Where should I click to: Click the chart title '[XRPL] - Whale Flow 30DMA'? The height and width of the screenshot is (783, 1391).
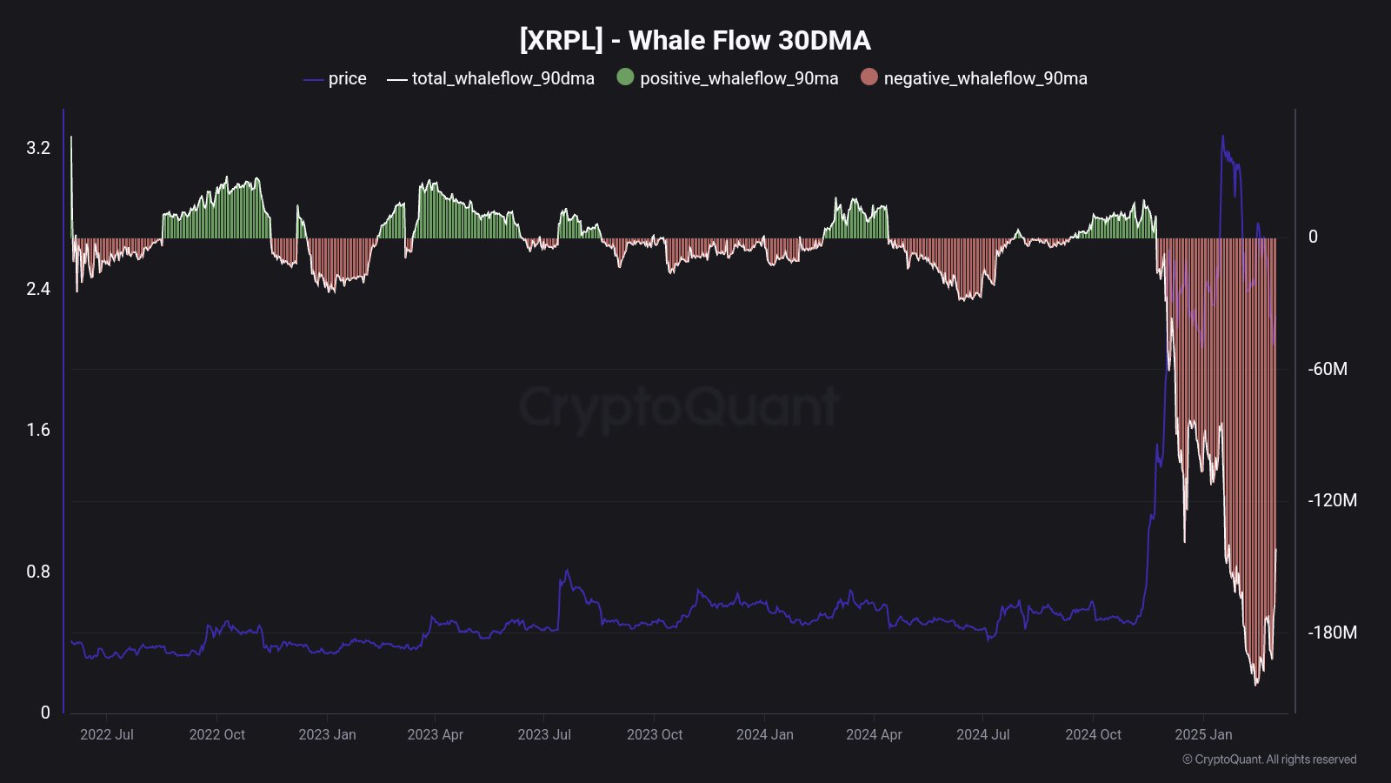click(x=695, y=40)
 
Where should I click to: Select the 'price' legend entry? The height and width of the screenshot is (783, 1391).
click(x=347, y=78)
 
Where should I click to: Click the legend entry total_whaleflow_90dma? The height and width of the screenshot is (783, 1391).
click(x=502, y=78)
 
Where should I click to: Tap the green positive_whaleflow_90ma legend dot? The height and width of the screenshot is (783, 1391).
click(x=625, y=77)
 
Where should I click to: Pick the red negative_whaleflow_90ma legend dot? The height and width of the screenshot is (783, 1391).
click(x=869, y=77)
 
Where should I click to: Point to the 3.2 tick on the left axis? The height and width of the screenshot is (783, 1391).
click(x=38, y=148)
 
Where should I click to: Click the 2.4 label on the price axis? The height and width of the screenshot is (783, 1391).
click(x=38, y=289)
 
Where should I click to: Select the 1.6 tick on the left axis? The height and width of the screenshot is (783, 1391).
click(x=38, y=430)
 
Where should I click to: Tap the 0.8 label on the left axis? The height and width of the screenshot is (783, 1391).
click(x=38, y=572)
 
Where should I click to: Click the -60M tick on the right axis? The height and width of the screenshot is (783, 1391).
click(x=1328, y=369)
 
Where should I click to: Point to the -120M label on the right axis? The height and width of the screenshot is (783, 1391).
click(x=1332, y=500)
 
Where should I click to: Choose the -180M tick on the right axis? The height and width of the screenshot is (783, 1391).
click(x=1332, y=632)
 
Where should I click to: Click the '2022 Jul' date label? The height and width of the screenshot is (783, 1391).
click(x=107, y=734)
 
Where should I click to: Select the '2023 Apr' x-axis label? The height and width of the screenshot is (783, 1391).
click(x=435, y=734)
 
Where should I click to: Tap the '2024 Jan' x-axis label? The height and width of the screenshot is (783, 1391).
click(x=764, y=734)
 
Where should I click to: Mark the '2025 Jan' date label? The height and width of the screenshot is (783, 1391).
click(x=1203, y=734)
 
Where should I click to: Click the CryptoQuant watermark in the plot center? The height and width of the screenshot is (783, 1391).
click(x=678, y=406)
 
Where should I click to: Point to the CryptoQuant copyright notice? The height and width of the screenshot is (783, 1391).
click(x=1269, y=760)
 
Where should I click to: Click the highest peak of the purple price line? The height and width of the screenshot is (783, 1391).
click(x=1222, y=136)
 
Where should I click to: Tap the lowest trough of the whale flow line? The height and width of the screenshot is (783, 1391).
click(x=1255, y=685)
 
